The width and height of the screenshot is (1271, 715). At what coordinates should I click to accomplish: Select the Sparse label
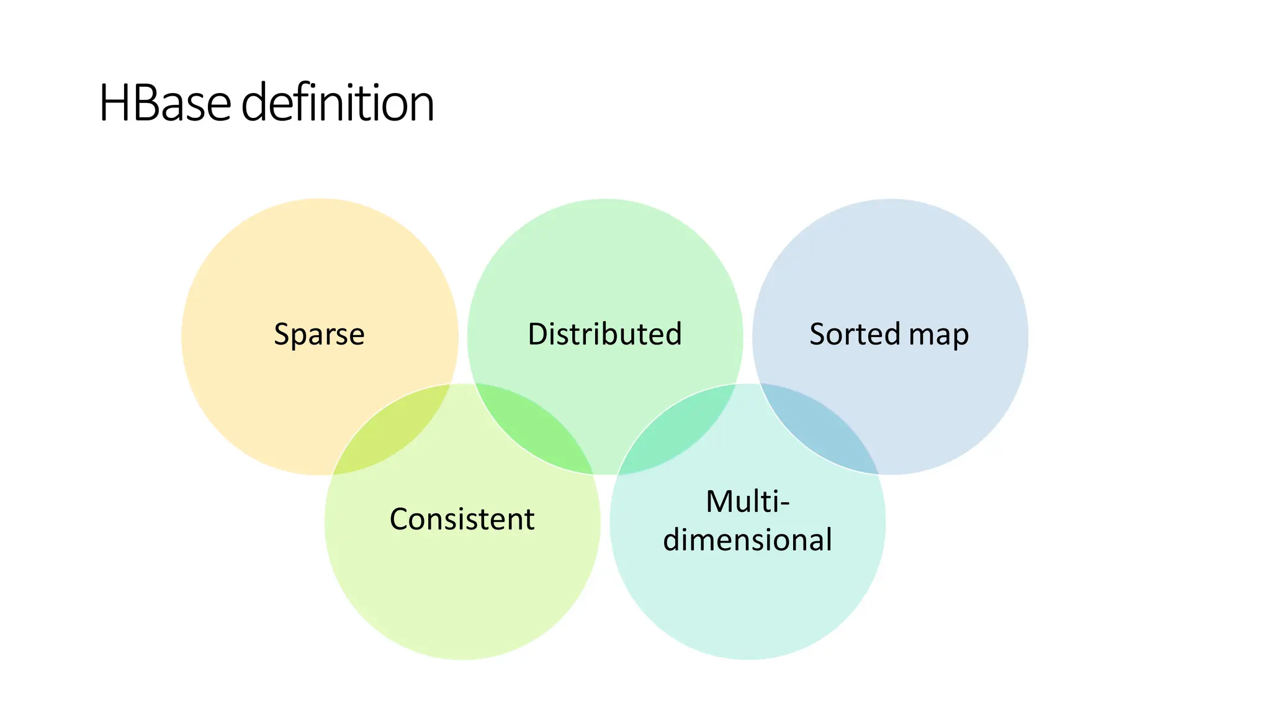pyautogui.click(x=319, y=335)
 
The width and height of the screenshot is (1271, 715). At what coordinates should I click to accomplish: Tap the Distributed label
pyautogui.click(x=604, y=335)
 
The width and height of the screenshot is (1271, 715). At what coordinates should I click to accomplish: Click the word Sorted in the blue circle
pyautogui.click(x=855, y=335)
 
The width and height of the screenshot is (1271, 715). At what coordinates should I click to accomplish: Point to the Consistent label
pyautogui.click(x=462, y=519)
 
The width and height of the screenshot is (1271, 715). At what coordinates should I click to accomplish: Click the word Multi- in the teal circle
pyautogui.click(x=747, y=501)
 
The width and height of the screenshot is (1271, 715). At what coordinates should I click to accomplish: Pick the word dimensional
pyautogui.click(x=747, y=539)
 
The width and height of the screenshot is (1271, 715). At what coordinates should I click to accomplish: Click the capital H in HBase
pyautogui.click(x=114, y=103)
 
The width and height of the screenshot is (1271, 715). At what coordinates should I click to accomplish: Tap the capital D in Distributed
pyautogui.click(x=539, y=335)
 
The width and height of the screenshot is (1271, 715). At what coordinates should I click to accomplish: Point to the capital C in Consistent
pyautogui.click(x=400, y=519)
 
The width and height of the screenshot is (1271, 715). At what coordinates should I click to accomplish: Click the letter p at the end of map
pyautogui.click(x=960, y=338)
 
